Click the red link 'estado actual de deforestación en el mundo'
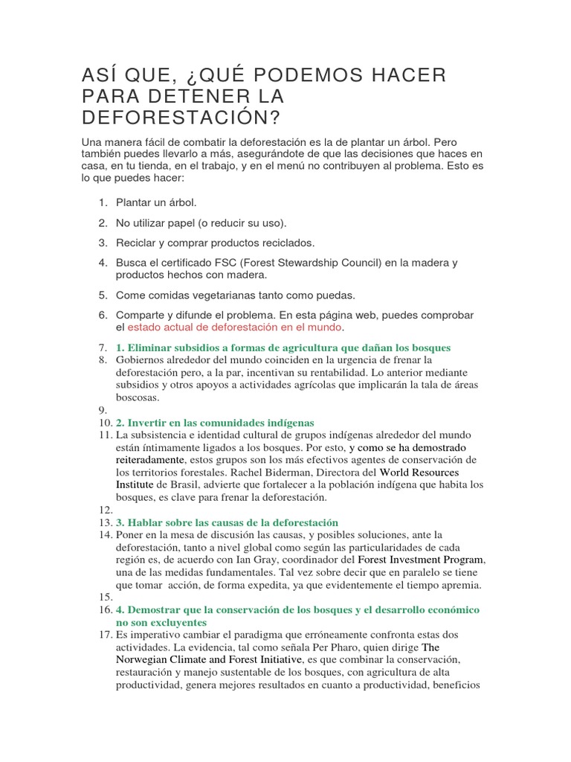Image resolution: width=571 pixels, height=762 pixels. point(235,327)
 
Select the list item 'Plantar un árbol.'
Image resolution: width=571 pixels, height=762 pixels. point(156,202)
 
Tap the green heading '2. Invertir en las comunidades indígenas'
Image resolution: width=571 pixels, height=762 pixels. point(215,423)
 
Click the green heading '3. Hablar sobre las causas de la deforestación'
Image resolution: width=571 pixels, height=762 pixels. point(227,522)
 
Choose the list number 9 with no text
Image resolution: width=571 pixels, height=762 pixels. point(103,410)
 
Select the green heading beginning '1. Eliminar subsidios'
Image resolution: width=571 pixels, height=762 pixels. point(283,348)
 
